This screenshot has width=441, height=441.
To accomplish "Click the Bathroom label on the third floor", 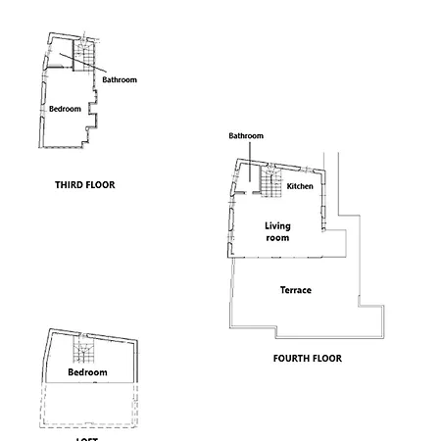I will tap(120, 79).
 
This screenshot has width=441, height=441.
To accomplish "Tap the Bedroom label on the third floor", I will tap(65, 109).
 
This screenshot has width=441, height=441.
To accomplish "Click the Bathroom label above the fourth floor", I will tap(246, 135).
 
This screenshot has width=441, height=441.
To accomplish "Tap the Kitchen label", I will tap(300, 186).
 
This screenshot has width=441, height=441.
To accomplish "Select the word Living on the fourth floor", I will tap(278, 226).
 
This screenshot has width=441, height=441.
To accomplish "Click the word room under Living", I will tap(278, 237).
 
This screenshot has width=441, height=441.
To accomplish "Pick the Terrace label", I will tap(295, 290).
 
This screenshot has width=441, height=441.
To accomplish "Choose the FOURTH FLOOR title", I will tap(307, 359).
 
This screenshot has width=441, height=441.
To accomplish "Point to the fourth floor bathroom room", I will tap(246, 181).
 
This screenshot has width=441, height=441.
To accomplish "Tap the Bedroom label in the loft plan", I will tap(87, 373).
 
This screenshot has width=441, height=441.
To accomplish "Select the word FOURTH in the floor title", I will tap(292, 359).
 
